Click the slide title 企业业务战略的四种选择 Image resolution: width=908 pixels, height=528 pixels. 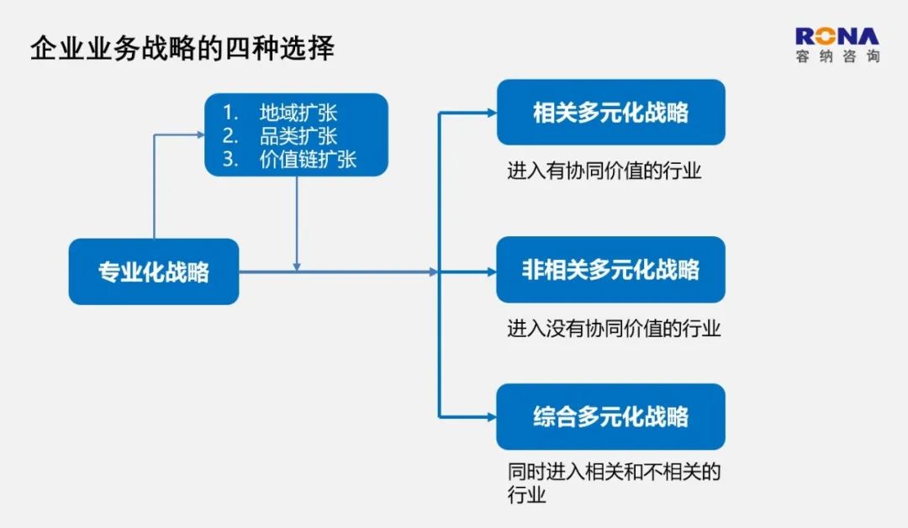pos(182,48)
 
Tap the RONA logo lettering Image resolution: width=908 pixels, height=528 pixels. pos(837,36)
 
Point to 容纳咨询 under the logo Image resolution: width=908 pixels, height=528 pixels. pos(838,56)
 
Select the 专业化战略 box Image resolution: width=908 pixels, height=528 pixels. pos(154,272)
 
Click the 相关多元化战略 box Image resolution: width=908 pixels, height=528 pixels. pos(611,113)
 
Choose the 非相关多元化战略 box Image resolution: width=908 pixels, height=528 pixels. pos(611,270)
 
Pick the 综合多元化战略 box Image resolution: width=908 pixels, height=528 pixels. pos(611,417)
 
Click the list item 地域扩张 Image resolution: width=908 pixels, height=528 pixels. pos(298,113)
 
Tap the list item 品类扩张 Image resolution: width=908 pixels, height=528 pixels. pos(298,136)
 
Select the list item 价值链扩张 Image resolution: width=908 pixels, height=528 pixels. pos(308,159)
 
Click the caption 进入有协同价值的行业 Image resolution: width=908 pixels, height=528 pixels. pos(604,171)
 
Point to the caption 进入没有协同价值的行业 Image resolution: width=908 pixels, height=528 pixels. pos(614,328)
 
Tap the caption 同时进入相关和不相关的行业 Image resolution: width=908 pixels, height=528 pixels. pos(614,483)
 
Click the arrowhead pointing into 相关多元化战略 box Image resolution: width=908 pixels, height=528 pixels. pos(492,113)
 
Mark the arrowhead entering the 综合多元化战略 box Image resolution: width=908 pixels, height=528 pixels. pos(492,417)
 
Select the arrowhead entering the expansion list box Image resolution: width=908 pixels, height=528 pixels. pos(201,135)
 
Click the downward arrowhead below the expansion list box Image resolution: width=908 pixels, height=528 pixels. pos(297,267)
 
